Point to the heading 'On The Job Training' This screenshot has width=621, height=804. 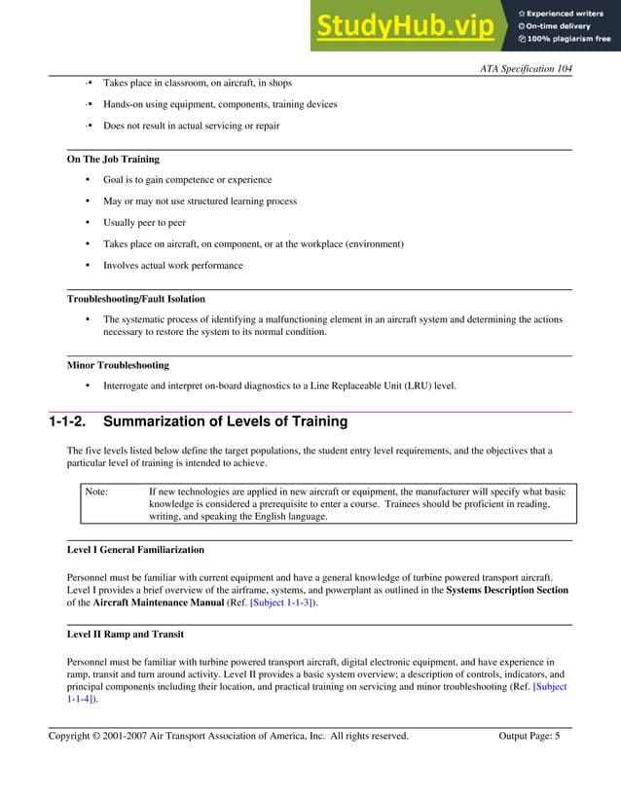pos(113,159)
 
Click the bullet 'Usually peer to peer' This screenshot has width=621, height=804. pos(144,223)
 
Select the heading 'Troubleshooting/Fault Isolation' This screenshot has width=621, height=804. pos(135,299)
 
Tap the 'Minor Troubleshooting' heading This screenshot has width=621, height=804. pos(118,365)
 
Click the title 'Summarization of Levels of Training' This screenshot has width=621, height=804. pos(225,422)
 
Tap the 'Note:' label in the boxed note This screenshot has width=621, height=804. pos(96,492)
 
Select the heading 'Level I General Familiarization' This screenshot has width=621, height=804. pos(135,550)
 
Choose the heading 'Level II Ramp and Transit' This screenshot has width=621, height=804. pos(125,635)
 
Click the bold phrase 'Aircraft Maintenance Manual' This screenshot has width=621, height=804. pos(154,603)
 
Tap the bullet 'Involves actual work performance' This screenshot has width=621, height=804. pos(173,266)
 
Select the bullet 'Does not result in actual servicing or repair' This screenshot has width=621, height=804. pos(192,126)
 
